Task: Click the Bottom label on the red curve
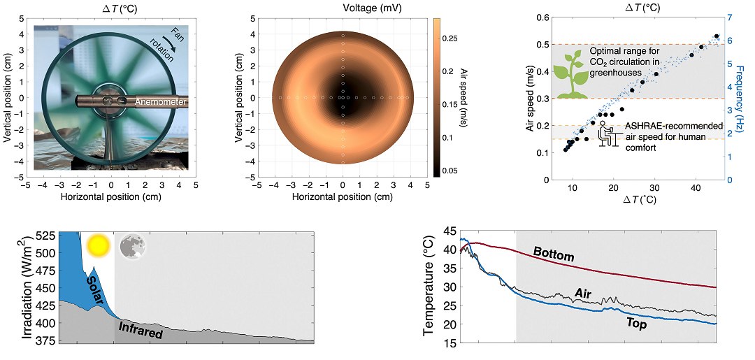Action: click(553, 254)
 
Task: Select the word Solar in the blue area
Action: click(99, 289)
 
